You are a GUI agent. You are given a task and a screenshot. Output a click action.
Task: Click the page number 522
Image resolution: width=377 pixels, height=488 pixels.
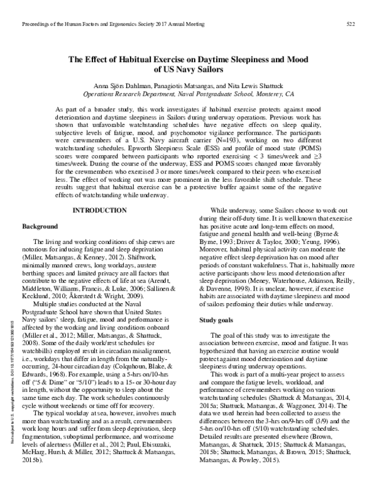point(352,24)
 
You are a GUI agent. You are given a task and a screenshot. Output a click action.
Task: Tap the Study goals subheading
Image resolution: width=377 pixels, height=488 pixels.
point(216,320)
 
